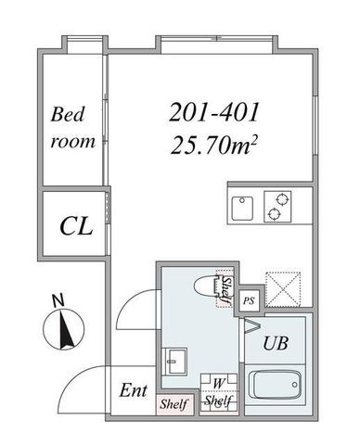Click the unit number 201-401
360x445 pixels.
click(x=213, y=112)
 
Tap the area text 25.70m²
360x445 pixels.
click(x=214, y=145)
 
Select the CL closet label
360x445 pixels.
click(x=76, y=226)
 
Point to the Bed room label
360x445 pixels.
click(x=72, y=128)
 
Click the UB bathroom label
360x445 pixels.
click(x=276, y=343)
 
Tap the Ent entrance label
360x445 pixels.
click(x=133, y=390)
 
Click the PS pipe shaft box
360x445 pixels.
click(x=249, y=300)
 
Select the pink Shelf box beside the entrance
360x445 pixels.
click(x=174, y=404)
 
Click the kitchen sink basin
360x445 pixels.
click(x=242, y=208)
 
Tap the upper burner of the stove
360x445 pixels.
click(x=282, y=199)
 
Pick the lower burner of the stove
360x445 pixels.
click(x=274, y=214)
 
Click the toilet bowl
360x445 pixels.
click(x=206, y=286)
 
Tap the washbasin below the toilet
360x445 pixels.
click(x=174, y=362)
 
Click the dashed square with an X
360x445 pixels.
click(x=283, y=289)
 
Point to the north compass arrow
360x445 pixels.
click(x=66, y=330)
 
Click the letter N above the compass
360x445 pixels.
click(x=58, y=300)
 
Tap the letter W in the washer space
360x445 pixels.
click(x=218, y=384)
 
